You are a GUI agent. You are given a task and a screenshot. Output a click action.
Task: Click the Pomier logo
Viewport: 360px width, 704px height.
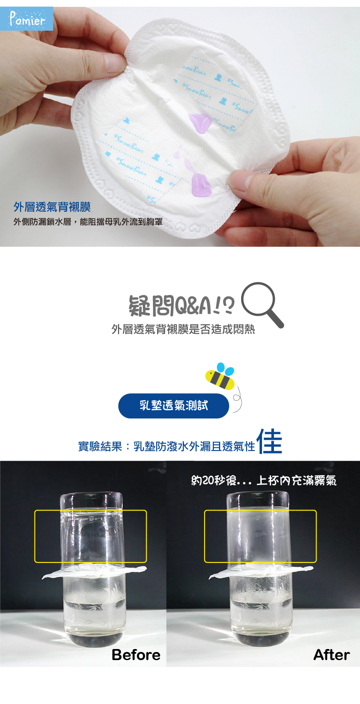(x=27, y=19)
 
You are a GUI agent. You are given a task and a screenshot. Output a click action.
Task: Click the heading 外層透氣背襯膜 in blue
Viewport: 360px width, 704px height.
(x=52, y=207)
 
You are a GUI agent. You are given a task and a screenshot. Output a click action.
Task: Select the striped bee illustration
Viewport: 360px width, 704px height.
(x=220, y=377)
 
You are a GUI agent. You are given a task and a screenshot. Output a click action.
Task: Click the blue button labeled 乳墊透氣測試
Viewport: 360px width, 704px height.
(x=173, y=406)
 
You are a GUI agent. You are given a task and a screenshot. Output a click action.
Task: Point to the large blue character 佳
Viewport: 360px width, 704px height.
(x=269, y=441)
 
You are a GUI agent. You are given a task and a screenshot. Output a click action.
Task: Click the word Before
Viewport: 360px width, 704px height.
(x=136, y=655)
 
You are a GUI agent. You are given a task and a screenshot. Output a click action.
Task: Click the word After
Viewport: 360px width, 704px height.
(x=331, y=655)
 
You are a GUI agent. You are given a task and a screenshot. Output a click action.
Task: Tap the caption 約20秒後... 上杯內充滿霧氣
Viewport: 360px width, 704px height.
(x=264, y=481)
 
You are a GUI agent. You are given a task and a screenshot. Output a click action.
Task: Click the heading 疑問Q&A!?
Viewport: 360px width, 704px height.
(x=181, y=305)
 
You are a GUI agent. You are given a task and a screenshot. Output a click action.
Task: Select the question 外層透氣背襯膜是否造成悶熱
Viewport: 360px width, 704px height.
(x=183, y=329)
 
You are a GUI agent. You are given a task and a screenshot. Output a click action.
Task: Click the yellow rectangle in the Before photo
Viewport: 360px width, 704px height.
(x=90, y=536)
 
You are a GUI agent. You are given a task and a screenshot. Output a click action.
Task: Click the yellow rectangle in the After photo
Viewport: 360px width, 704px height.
(x=260, y=536)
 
